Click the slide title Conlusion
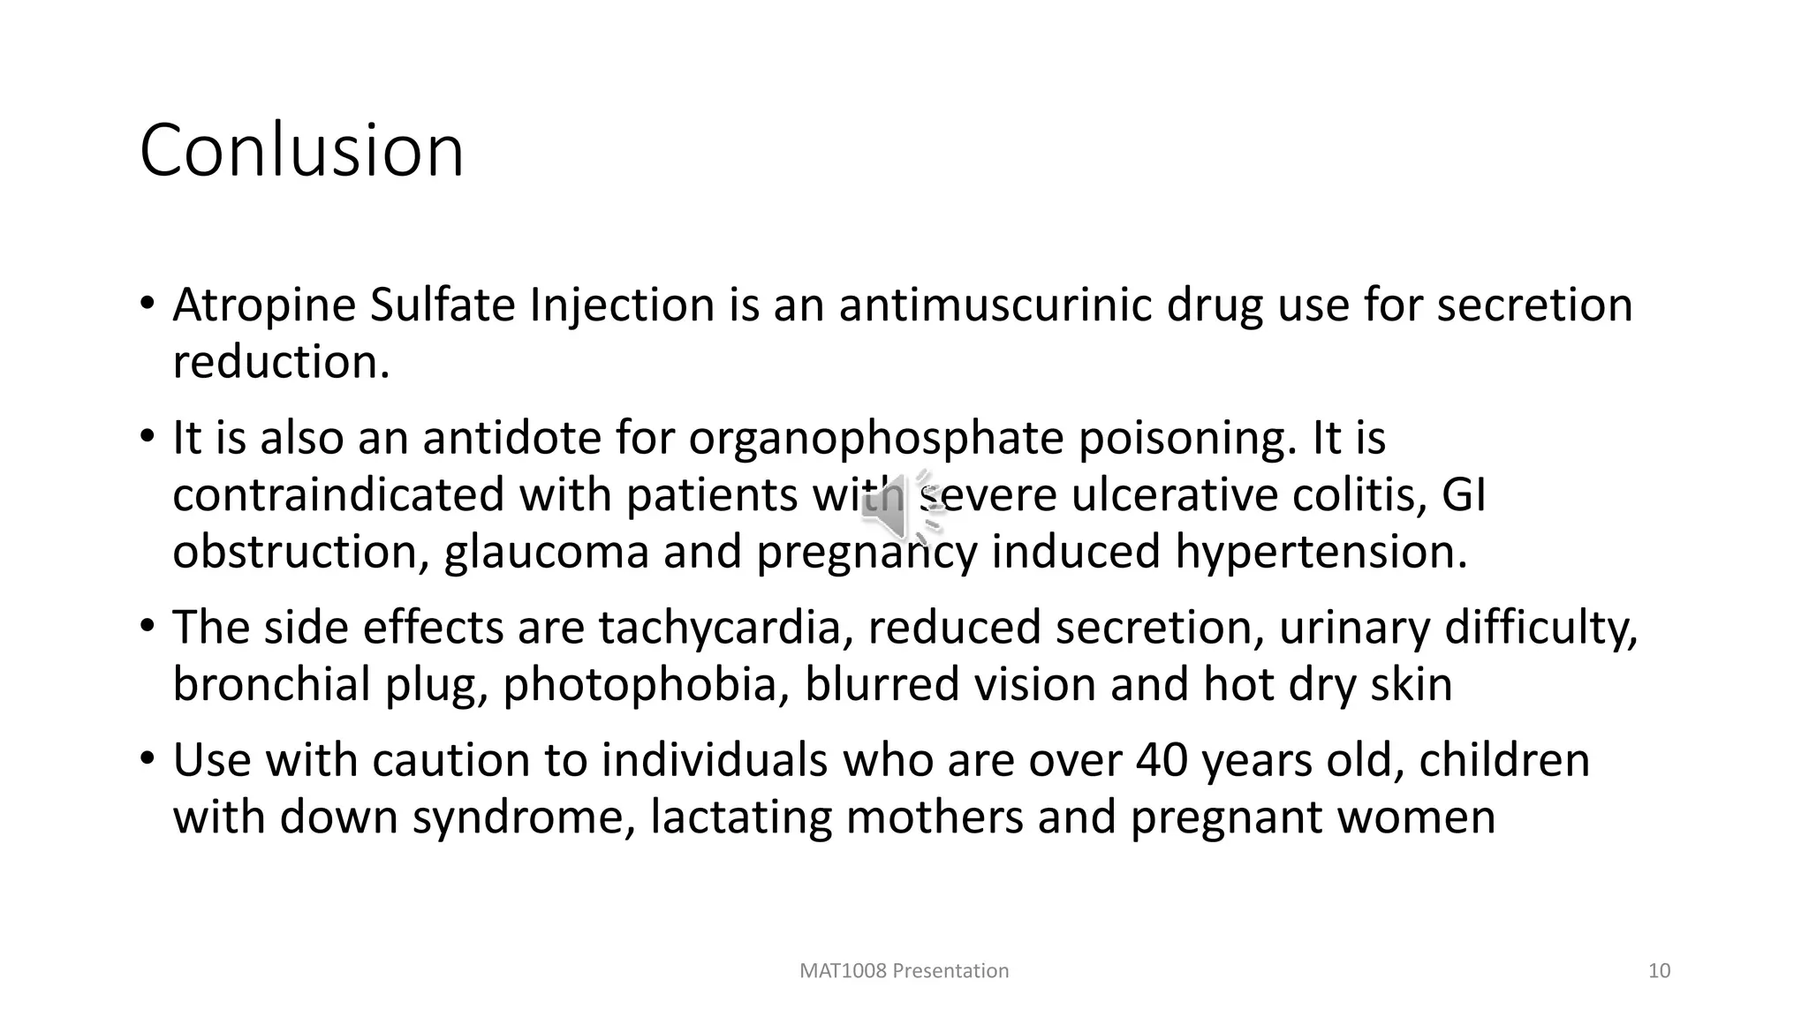coord(301,151)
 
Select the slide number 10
coord(1659,971)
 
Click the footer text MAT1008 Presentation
coord(904,971)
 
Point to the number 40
coord(1161,760)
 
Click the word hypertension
coord(1320,553)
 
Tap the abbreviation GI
coord(1464,495)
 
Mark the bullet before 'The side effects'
coord(148,627)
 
